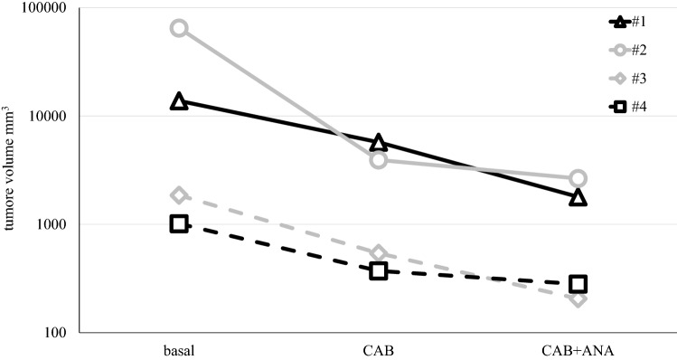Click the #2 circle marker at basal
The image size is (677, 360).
pos(179,28)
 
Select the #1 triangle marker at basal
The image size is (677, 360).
pos(179,101)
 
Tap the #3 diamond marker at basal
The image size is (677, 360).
pos(179,195)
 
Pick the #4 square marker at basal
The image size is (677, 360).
pos(179,223)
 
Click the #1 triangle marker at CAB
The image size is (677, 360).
pos(378,142)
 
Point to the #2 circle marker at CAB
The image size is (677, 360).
pos(378,160)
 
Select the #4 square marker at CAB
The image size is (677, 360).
pos(378,270)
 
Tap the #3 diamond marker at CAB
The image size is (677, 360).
pos(378,253)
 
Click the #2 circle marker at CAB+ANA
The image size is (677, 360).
pos(578,178)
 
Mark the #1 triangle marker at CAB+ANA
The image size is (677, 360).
pos(578,197)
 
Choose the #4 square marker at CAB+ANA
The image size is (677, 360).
pos(578,284)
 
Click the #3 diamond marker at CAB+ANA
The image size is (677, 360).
pos(578,298)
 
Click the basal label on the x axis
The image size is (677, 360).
pos(179,349)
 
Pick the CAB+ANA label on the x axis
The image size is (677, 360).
pos(578,349)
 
